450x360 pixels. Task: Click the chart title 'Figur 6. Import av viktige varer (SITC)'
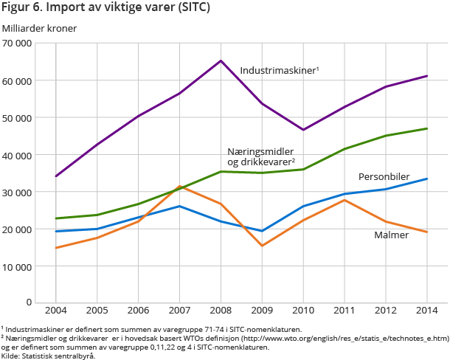pos(106,9)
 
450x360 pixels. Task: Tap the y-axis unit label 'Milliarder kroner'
pos(39,28)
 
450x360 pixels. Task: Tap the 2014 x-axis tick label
pos(426,311)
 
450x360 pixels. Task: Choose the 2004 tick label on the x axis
pos(56,311)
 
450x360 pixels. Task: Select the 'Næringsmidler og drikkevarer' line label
pos(261,156)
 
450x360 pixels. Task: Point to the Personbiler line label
pos(384,177)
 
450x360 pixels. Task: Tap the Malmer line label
pos(392,235)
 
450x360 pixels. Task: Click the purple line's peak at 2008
pos(221,60)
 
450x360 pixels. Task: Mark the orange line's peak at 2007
pos(179,187)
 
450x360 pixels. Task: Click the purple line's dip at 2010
pos(303,130)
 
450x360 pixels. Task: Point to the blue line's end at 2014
pos(426,179)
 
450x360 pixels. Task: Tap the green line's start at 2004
pos(56,218)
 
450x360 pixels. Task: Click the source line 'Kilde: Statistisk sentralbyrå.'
pos(49,356)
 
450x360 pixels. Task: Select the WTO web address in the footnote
pos(362,338)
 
